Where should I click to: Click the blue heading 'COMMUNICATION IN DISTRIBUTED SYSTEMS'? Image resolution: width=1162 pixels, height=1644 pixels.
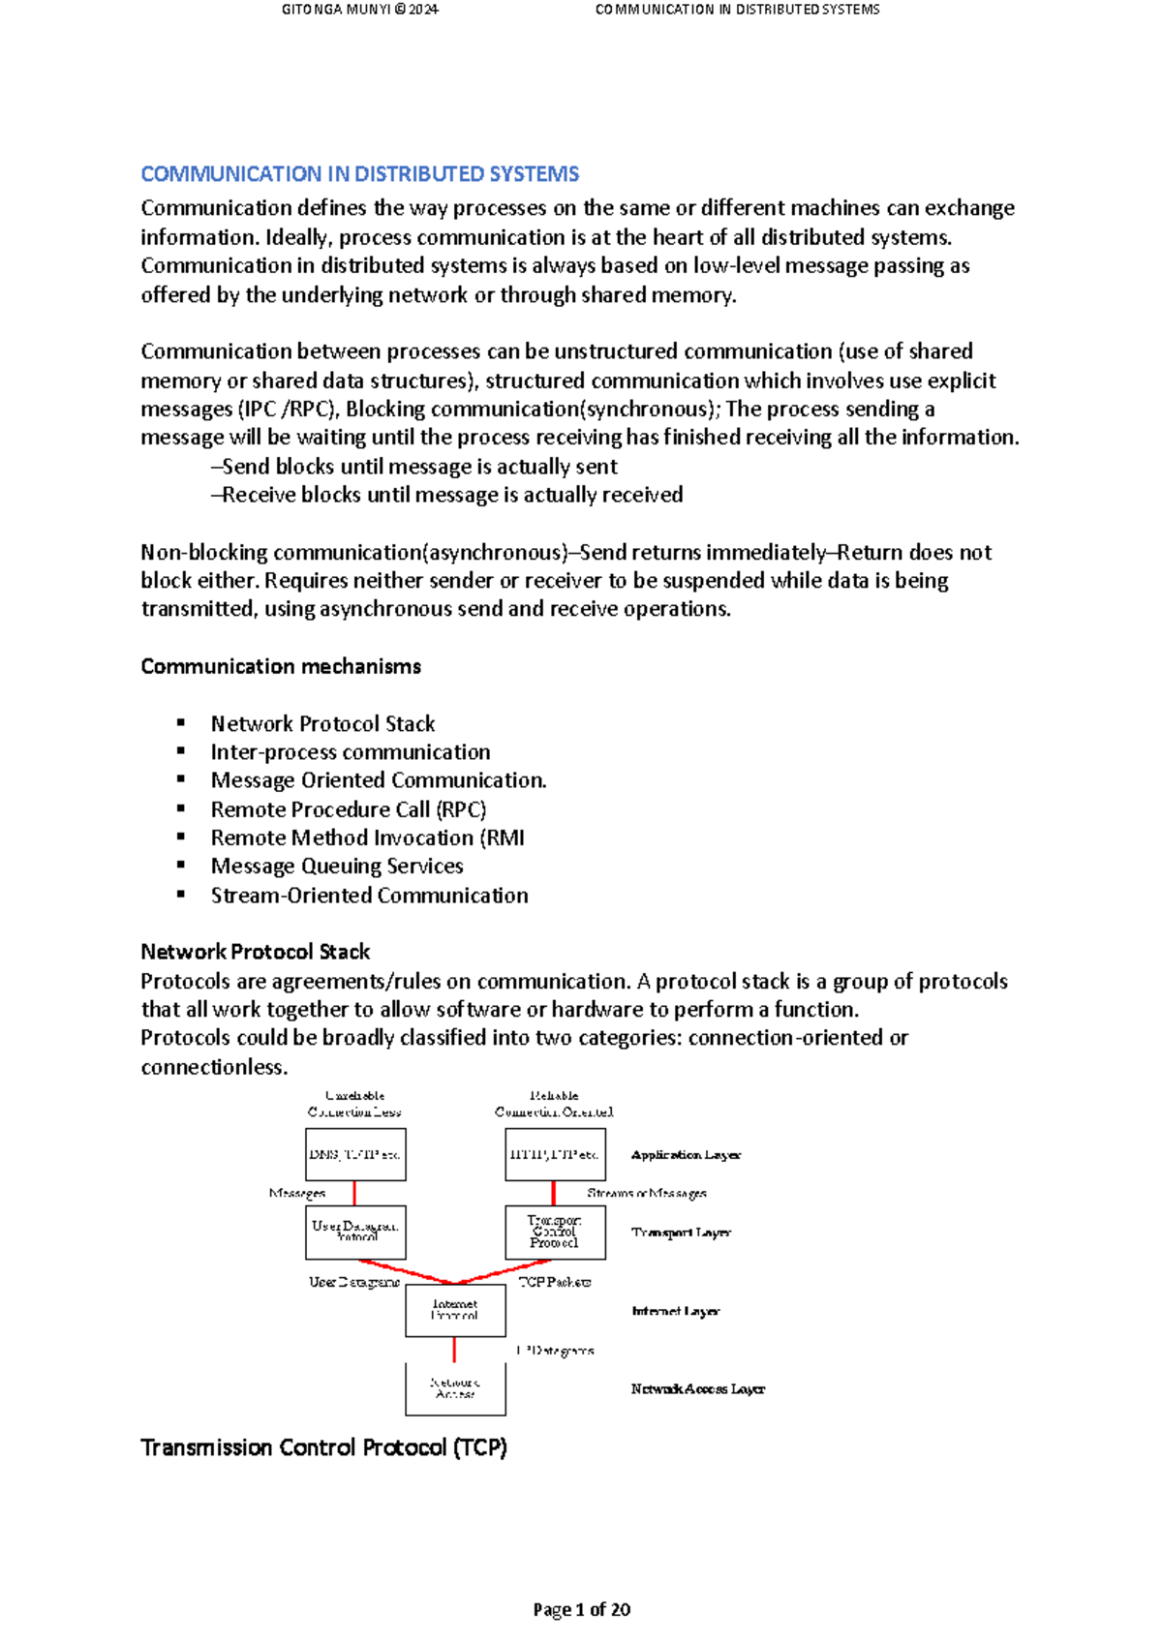359,174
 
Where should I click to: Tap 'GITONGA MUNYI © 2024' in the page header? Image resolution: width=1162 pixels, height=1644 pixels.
359,10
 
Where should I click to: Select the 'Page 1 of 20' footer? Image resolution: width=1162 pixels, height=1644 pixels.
581,1609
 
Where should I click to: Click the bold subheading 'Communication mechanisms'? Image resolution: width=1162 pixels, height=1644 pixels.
281,666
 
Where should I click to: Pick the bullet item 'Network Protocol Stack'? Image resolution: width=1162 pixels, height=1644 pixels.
322,723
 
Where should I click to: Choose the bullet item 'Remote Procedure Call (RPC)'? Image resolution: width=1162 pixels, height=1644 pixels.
349,809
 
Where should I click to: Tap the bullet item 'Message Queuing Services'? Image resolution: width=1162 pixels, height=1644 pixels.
337,866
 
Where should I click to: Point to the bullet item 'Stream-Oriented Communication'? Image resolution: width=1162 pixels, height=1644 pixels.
369,895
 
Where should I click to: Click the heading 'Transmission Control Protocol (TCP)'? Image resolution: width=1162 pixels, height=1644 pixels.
323,1447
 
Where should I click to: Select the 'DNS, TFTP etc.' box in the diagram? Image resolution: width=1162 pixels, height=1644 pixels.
355,1154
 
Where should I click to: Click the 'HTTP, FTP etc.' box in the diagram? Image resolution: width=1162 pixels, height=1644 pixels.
555,1154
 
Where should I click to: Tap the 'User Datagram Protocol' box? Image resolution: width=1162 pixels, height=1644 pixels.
355,1232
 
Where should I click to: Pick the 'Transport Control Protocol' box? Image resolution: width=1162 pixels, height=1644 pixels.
555,1232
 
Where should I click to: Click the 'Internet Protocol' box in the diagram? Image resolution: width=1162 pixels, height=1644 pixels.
455,1310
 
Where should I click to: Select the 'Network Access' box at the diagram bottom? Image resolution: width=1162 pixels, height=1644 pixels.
455,1388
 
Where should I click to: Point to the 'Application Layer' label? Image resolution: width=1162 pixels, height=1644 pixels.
686,1155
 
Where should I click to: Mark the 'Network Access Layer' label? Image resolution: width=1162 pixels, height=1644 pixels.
697,1388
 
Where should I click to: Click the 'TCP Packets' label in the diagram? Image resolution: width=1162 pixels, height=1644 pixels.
555,1282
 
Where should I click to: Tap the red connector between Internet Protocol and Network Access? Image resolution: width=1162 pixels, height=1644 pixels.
454,1350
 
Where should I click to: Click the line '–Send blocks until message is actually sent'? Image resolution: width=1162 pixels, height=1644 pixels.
414,467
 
